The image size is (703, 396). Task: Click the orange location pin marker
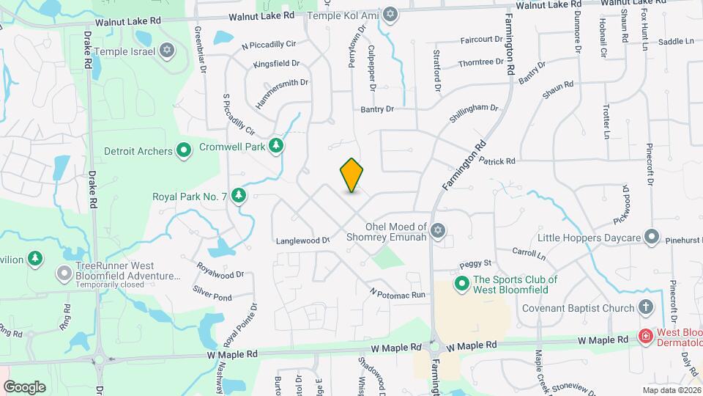(351, 175)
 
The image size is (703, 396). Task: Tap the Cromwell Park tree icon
(276, 146)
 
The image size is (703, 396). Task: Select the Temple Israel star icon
(168, 51)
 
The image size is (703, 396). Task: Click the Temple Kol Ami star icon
(390, 14)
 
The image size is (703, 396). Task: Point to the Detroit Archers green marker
(185, 151)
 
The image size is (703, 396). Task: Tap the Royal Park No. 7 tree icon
(238, 196)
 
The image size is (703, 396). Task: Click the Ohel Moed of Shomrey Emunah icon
(438, 232)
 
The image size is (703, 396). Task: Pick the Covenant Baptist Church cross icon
(646, 307)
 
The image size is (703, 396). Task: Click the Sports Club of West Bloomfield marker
(462, 283)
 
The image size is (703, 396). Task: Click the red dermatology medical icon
(646, 337)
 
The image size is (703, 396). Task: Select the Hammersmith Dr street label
(282, 93)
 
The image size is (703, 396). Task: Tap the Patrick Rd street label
(497, 161)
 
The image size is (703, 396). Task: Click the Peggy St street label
(475, 263)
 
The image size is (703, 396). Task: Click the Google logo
(25, 386)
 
